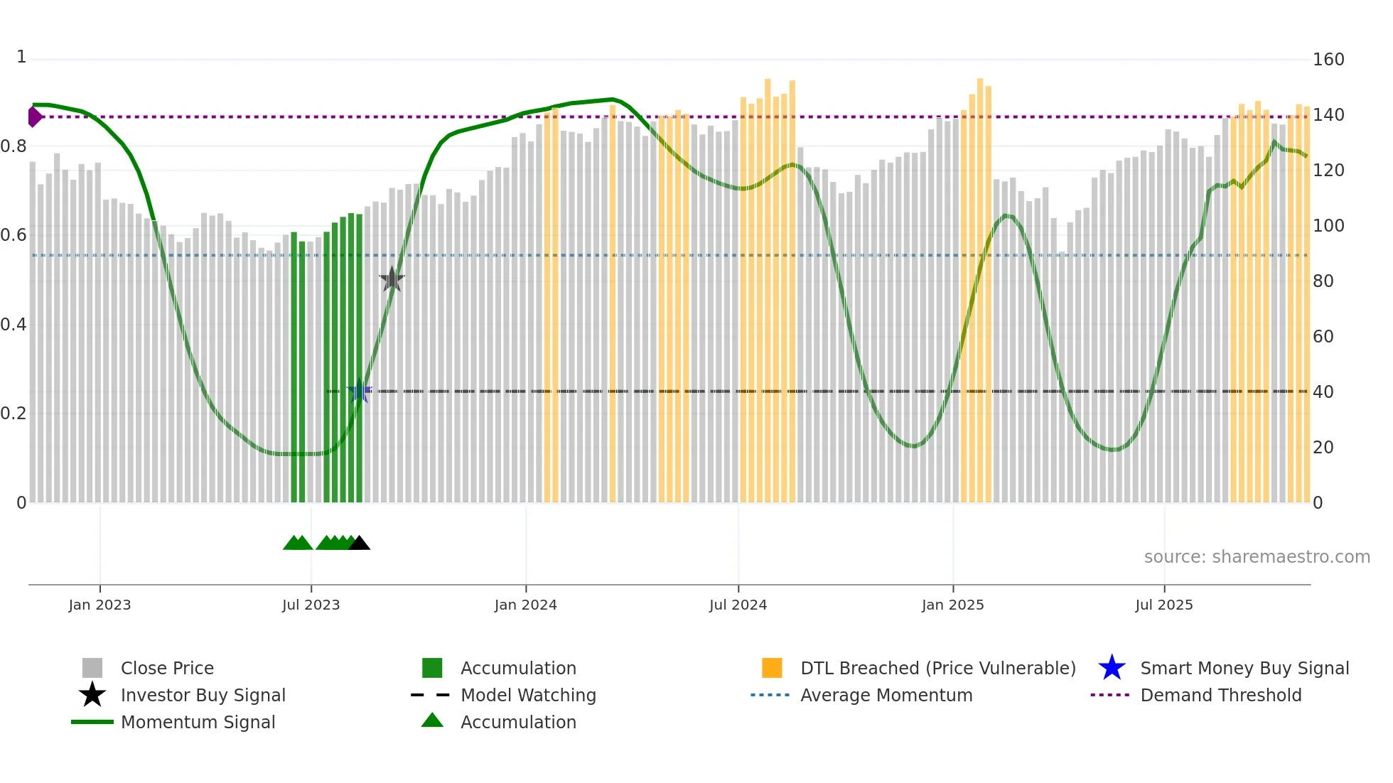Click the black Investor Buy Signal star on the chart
392,279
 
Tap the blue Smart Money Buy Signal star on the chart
360,391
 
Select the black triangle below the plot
360,544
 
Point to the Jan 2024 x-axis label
525,605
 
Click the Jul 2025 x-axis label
1163,605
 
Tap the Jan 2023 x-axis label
99,605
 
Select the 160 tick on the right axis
1328,60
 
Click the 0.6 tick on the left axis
14,235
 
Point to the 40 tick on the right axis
1323,392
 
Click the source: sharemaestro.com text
1257,557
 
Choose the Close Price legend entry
167,669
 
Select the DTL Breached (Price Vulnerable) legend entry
937,669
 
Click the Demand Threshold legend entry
1220,696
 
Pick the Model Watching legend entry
528,696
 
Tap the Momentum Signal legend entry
198,723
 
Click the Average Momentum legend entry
886,696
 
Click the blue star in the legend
1112,669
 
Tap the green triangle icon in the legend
432,721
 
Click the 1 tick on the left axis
21,57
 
